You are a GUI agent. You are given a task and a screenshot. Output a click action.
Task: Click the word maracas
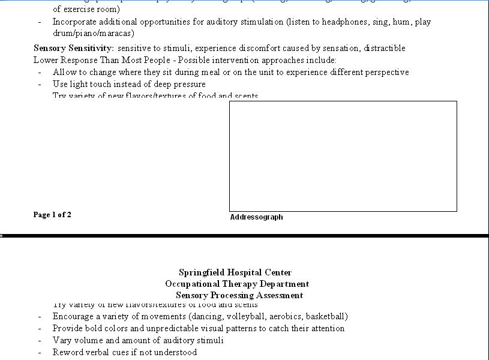116,34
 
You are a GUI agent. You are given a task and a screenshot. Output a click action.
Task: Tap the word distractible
382,48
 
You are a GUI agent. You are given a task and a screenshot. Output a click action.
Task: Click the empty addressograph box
343,156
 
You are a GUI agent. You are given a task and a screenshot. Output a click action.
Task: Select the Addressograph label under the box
256,217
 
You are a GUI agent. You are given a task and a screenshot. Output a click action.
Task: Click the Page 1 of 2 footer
52,215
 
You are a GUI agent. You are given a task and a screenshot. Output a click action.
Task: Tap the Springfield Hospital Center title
235,272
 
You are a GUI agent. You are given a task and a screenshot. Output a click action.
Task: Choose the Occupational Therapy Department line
237,284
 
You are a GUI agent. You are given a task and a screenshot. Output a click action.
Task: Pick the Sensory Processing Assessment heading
239,295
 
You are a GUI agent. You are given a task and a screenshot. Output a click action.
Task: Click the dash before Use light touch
40,84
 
